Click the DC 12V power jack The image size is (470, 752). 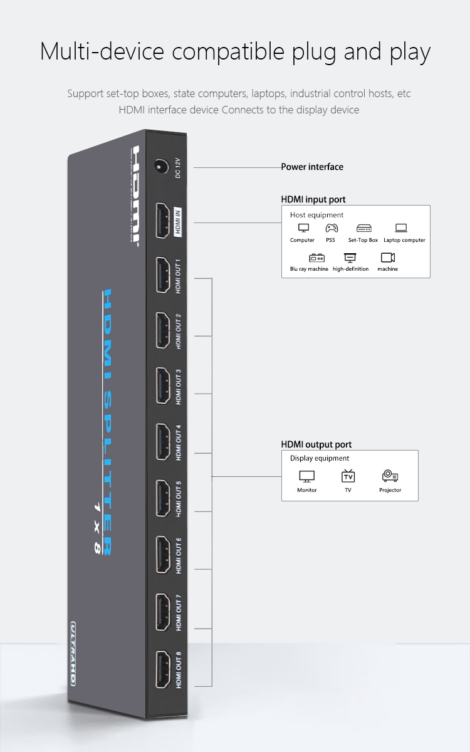pos(161,166)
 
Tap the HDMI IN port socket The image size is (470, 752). pos(163,221)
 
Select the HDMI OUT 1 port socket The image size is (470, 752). pos(163,275)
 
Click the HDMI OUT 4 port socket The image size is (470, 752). pos(164,442)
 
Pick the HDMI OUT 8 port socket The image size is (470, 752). pos(163,669)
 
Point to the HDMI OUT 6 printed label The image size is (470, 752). pos(178,556)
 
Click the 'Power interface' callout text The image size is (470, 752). pos(312,167)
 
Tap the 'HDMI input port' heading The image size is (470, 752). pos(313,199)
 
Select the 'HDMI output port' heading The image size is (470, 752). pos(316,444)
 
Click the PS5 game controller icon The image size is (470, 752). pos(332,228)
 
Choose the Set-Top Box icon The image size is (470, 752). pos(364,228)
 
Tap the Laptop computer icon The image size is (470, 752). pos(401,228)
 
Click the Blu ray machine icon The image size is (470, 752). pos(316,258)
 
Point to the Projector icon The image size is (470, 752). pos(390,476)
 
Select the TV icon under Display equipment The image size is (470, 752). pos(348,476)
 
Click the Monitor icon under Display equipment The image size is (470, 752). pos(307,476)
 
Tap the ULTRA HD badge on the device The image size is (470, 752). pos(73,653)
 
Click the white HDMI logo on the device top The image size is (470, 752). pos(135,196)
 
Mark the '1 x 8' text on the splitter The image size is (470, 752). pos(97,528)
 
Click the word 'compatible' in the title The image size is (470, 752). pos(228,53)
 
